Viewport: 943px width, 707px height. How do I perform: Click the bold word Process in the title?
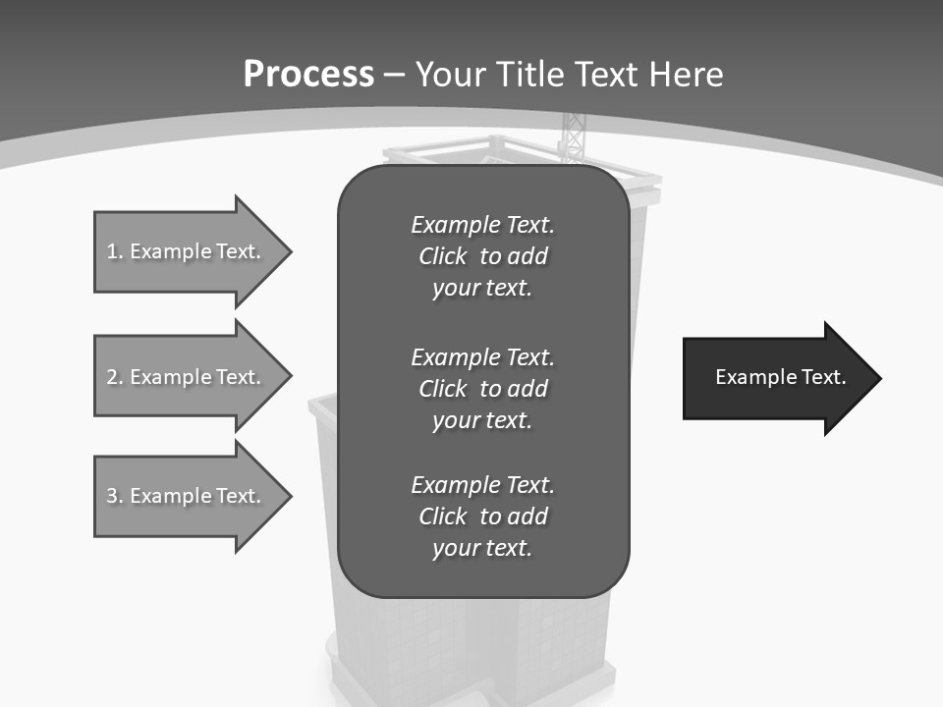tap(308, 75)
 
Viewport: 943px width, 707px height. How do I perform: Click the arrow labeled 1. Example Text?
tap(187, 251)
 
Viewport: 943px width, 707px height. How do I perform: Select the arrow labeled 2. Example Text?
tap(187, 377)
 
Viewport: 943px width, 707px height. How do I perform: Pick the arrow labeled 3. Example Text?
tap(187, 496)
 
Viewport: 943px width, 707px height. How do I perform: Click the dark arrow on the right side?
tap(776, 378)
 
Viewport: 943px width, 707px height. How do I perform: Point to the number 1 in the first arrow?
tap(112, 251)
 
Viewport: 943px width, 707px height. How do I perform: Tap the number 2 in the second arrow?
tap(112, 377)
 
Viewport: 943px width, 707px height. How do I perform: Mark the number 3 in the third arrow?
tap(112, 496)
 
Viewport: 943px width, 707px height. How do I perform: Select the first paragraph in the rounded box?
tap(482, 256)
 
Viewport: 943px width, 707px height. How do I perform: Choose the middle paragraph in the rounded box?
tap(482, 388)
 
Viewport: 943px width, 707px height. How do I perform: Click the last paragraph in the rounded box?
tap(482, 517)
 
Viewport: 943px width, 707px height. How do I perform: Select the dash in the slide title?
tap(395, 75)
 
